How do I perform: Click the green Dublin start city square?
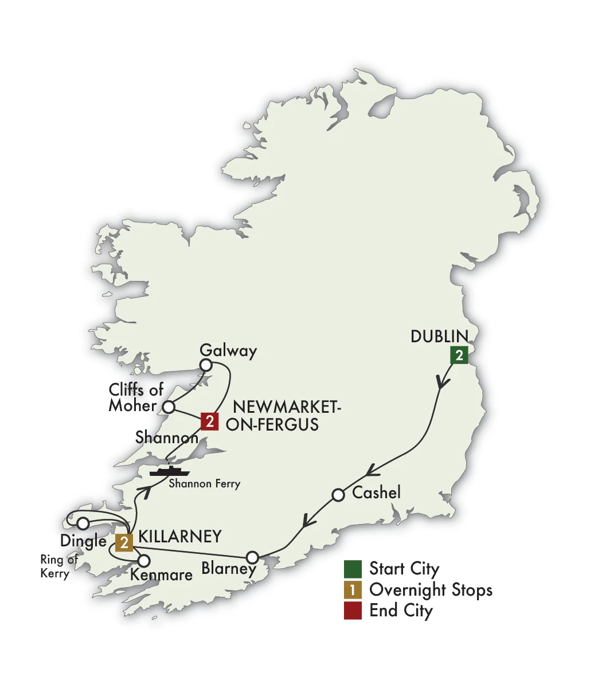click(x=459, y=355)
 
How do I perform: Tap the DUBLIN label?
click(x=439, y=337)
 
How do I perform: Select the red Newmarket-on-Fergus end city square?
click(x=210, y=422)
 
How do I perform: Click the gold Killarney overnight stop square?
click(x=124, y=542)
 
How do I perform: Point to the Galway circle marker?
click(x=205, y=365)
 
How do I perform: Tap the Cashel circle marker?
click(x=338, y=494)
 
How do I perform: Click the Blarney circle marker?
click(x=252, y=557)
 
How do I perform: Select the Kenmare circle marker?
click(x=143, y=561)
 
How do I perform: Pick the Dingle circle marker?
click(x=83, y=523)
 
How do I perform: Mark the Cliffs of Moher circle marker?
click(x=169, y=407)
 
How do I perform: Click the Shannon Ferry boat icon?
click(x=169, y=471)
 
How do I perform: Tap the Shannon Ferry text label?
click(x=204, y=484)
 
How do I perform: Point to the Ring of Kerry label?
click(x=57, y=566)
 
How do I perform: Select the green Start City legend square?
click(x=353, y=569)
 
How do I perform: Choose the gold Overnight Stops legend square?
click(x=353, y=590)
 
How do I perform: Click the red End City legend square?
click(x=353, y=611)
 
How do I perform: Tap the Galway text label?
click(x=228, y=351)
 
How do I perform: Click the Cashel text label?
click(x=376, y=492)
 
